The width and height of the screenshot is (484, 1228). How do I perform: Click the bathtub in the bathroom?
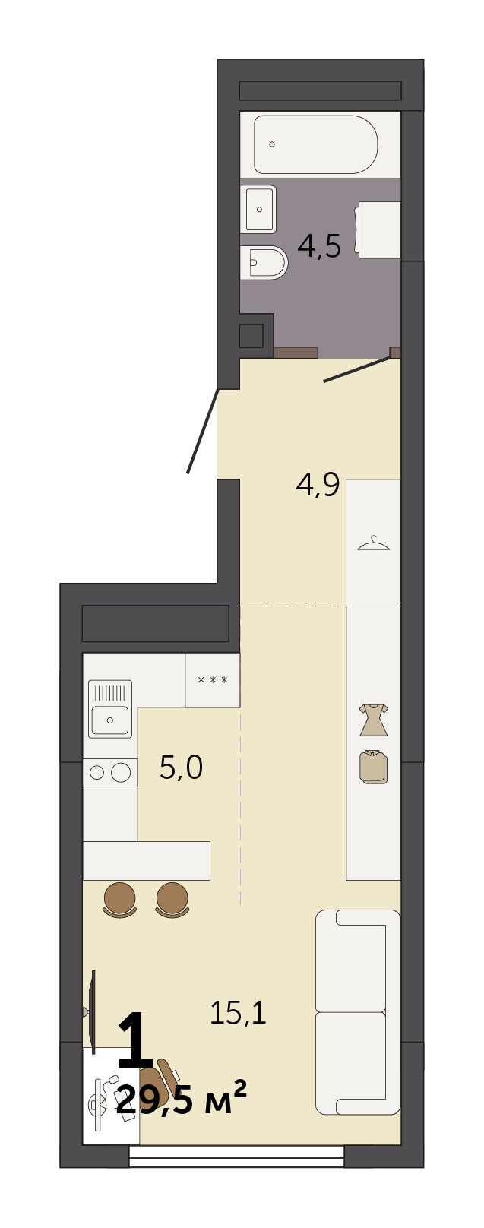316,144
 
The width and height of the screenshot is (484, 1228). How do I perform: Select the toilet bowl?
264,263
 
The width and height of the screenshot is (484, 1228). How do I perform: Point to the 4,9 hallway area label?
318,485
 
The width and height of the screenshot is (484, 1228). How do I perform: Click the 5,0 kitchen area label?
181,767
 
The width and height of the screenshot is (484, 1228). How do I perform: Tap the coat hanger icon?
373,543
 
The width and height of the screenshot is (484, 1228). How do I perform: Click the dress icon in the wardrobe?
374,720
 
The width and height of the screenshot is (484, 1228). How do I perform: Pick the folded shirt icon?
374,767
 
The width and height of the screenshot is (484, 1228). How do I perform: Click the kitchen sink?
110,708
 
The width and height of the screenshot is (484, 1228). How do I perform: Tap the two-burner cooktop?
109,772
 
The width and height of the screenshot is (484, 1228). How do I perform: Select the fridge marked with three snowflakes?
213,680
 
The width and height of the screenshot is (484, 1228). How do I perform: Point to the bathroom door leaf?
357,369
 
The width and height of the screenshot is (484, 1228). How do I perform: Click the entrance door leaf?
203,431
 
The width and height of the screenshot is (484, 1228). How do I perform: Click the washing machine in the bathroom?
379,229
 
